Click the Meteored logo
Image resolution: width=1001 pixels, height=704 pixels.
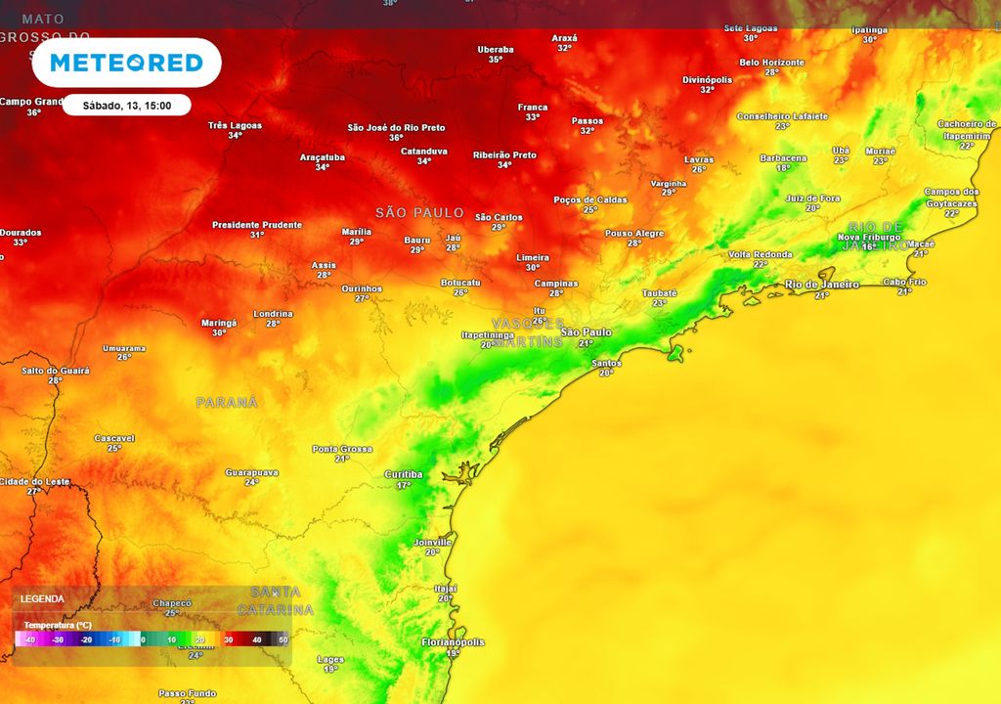pyautogui.click(x=126, y=64)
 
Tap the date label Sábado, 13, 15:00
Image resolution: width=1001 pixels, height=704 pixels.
pyautogui.click(x=126, y=106)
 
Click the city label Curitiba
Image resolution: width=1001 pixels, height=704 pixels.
pyautogui.click(x=403, y=474)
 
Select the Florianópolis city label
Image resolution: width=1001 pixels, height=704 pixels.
pyautogui.click(x=452, y=642)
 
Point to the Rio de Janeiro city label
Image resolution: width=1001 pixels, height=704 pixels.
pyautogui.click(x=822, y=285)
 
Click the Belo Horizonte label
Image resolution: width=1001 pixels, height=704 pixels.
pyautogui.click(x=771, y=63)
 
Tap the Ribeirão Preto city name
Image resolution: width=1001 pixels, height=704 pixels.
pyautogui.click(x=504, y=154)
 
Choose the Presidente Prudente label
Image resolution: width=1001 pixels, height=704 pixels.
pyautogui.click(x=257, y=225)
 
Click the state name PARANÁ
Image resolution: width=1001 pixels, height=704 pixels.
pyautogui.click(x=227, y=402)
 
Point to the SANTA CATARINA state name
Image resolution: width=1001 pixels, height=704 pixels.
pyautogui.click(x=283, y=600)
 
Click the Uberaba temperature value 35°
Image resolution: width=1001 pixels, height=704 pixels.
pyautogui.click(x=496, y=60)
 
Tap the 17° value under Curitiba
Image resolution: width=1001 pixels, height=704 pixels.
pyautogui.click(x=403, y=485)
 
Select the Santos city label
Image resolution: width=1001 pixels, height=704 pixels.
pyautogui.click(x=606, y=363)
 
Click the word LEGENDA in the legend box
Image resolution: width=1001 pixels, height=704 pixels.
pyautogui.click(x=42, y=598)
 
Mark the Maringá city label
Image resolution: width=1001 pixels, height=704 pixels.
pyautogui.click(x=219, y=322)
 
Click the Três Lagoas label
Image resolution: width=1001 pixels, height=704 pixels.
pyautogui.click(x=236, y=125)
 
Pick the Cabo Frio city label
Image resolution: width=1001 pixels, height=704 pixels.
pyautogui.click(x=904, y=282)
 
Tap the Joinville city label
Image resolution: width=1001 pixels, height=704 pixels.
pyautogui.click(x=432, y=542)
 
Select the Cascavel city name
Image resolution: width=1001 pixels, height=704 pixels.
pyautogui.click(x=114, y=438)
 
